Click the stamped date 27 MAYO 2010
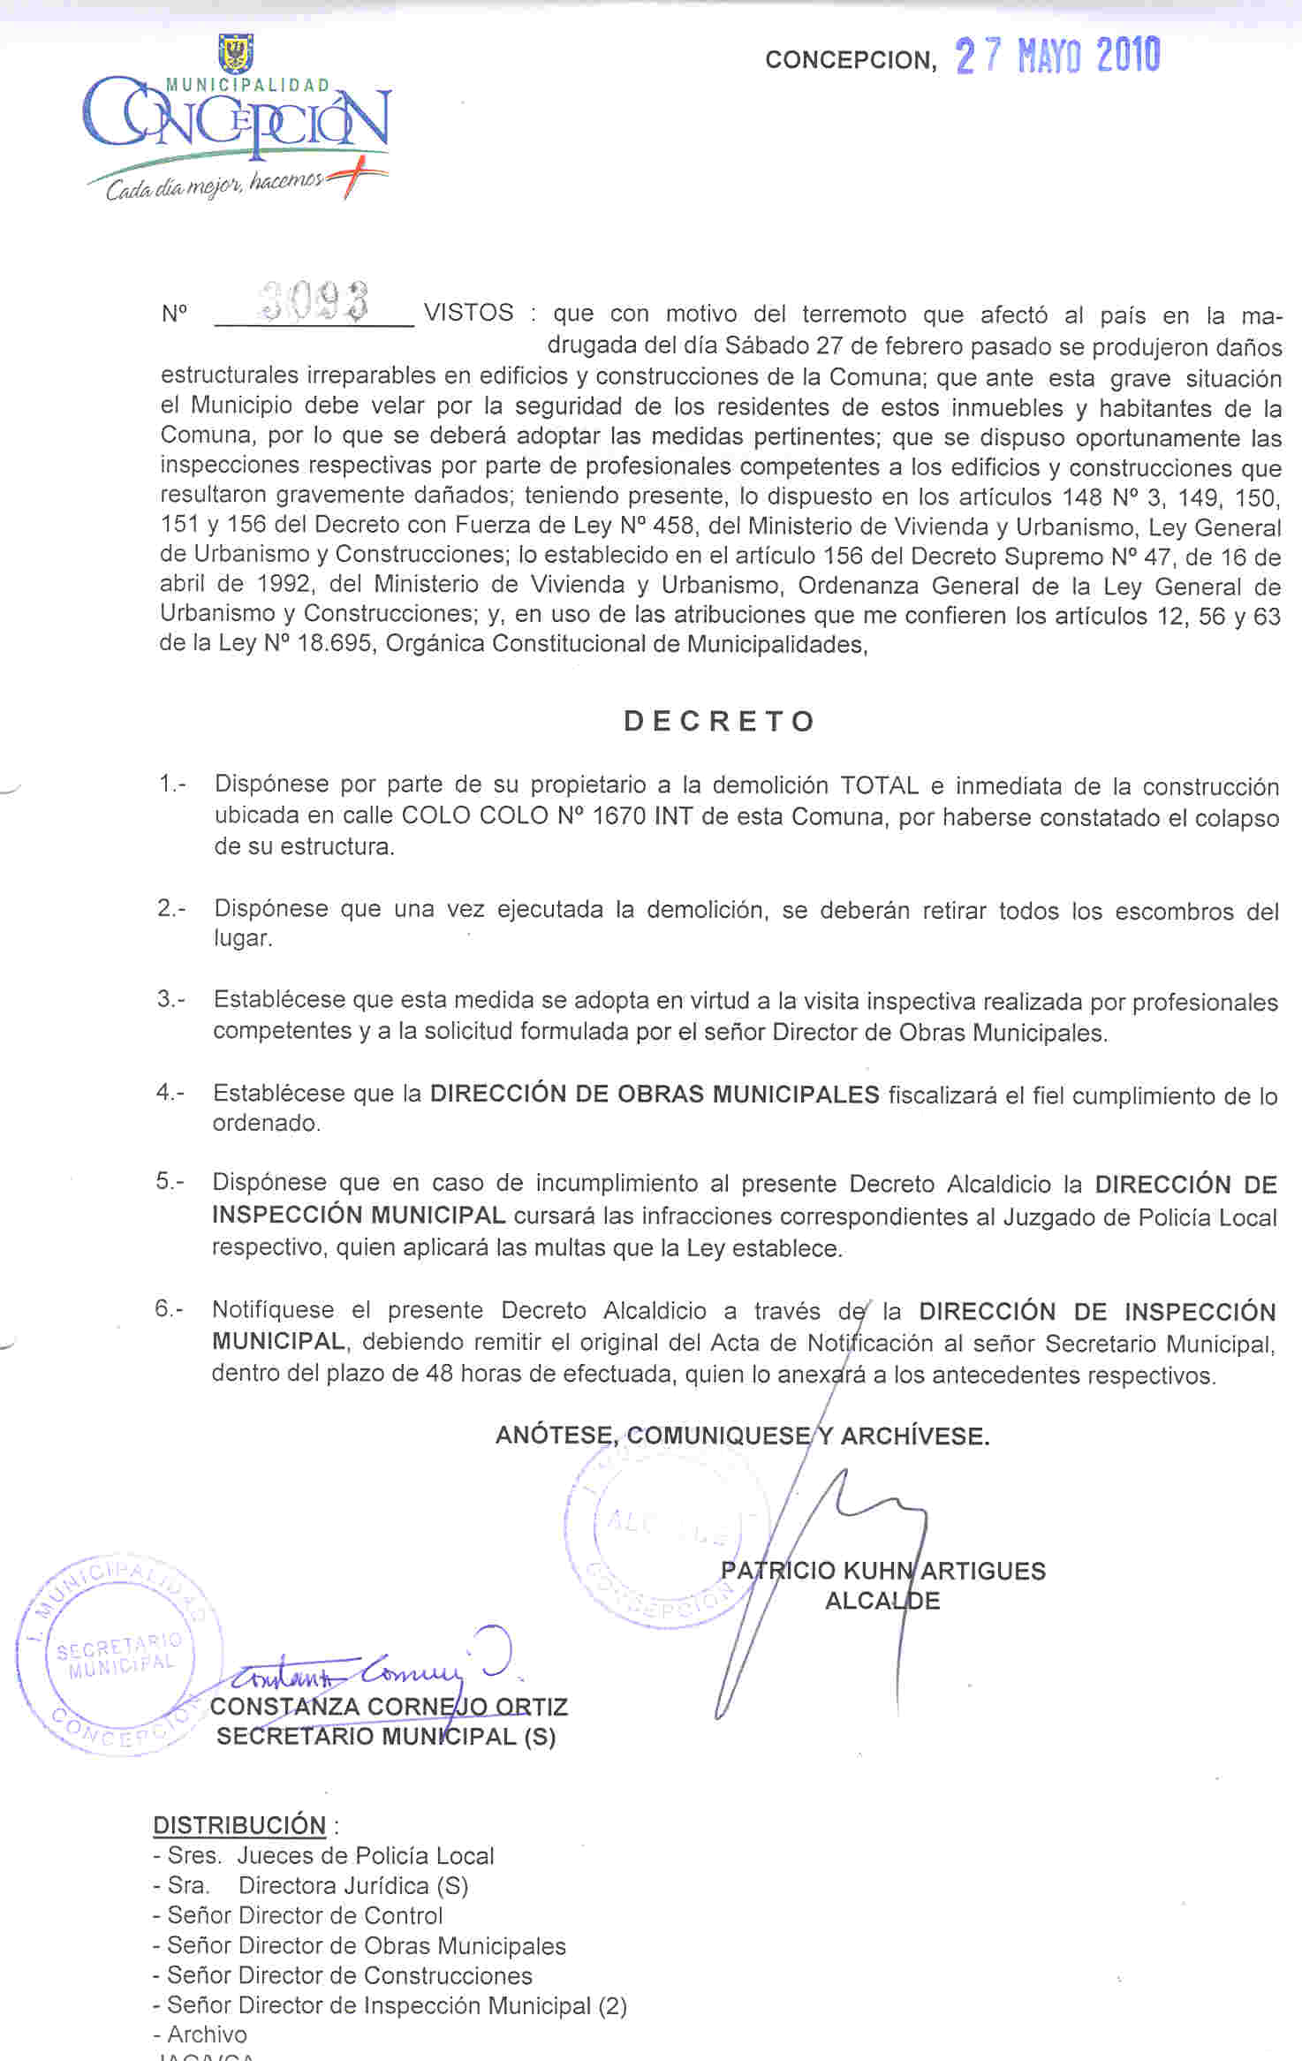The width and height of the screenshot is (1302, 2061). point(1057,57)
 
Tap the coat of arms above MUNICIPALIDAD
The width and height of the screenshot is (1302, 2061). point(236,54)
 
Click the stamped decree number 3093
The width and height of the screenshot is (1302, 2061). point(314,301)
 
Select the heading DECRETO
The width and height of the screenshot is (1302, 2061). point(719,721)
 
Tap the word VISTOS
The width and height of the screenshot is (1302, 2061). point(468,313)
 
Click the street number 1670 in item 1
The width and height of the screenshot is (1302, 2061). point(618,815)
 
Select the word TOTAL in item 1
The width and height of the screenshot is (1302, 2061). point(879,785)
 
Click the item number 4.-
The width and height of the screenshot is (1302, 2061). point(170,1092)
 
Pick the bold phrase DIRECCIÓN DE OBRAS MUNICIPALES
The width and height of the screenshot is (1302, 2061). point(654,1094)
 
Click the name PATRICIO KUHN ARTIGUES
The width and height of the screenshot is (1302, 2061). point(882,1571)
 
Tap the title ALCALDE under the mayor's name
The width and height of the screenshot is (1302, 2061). point(882,1601)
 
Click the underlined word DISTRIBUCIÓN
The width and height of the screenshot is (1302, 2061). point(239,1825)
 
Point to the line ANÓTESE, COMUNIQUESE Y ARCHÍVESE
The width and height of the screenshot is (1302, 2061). point(742,1436)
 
